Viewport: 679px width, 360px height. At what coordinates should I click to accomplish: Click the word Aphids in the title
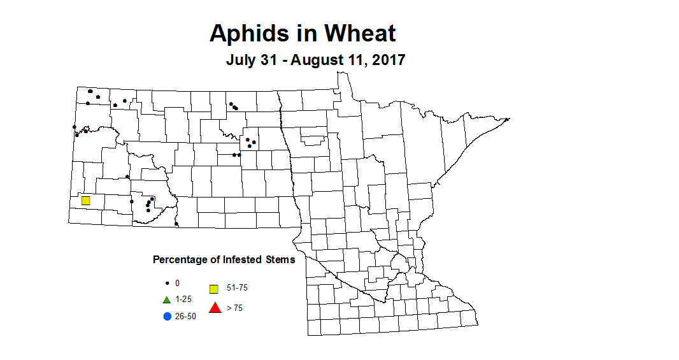pyautogui.click(x=247, y=33)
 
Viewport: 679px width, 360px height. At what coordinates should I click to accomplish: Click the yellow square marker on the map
pyautogui.click(x=85, y=201)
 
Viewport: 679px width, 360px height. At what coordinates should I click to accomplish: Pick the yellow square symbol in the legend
pyautogui.click(x=215, y=289)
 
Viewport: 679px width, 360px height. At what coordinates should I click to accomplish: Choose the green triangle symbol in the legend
pyautogui.click(x=166, y=299)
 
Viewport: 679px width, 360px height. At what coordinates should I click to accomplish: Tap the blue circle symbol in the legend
pyautogui.click(x=167, y=317)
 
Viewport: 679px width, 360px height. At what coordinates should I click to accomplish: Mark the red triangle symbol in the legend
pyautogui.click(x=215, y=308)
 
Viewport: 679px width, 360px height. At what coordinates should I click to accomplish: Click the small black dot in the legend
pyautogui.click(x=167, y=283)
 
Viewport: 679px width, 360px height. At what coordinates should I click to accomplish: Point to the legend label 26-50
pyautogui.click(x=186, y=317)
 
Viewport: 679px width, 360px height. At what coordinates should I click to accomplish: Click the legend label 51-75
pyautogui.click(x=237, y=288)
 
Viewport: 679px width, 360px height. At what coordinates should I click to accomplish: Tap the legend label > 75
pyautogui.click(x=234, y=308)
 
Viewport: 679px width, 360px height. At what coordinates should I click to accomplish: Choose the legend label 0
pyautogui.click(x=178, y=283)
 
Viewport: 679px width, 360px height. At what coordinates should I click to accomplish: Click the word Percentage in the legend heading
pyautogui.click(x=179, y=260)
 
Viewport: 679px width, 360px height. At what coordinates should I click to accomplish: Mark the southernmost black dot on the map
pyautogui.click(x=176, y=224)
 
